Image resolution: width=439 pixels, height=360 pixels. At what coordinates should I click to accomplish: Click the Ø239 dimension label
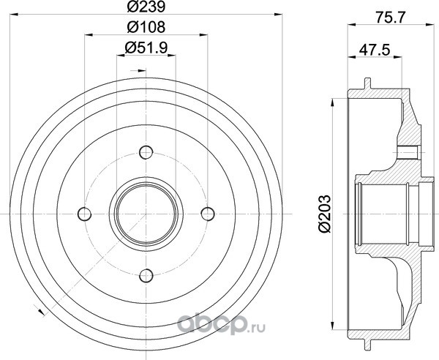[146, 7]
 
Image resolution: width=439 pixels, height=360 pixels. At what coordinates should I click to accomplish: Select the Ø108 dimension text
[146, 27]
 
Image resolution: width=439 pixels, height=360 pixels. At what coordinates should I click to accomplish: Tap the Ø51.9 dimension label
[146, 48]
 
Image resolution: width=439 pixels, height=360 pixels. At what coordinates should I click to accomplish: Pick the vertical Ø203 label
[325, 214]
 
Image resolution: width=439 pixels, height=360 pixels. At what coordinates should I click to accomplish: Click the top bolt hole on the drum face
[146, 152]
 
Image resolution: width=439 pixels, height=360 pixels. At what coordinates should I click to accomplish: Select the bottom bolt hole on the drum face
[146, 275]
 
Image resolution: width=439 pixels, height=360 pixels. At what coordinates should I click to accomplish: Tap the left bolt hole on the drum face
[84, 214]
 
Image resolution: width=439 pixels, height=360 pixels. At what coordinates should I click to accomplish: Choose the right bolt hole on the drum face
[208, 214]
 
